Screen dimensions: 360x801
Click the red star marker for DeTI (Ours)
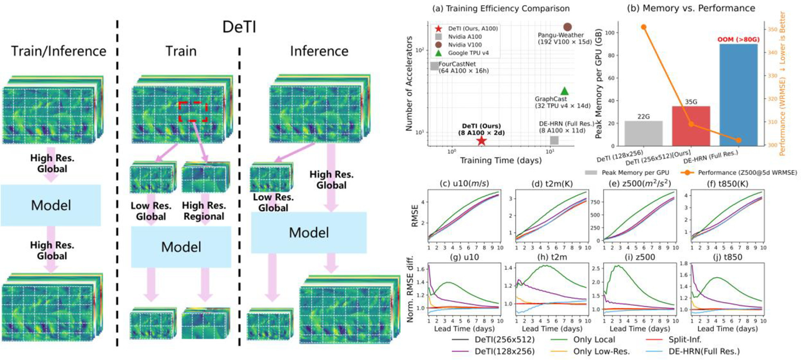(481, 141)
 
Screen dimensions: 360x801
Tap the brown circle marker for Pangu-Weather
(567, 27)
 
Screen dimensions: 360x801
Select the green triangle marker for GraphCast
(565, 91)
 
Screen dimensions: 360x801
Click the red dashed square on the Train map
(193, 111)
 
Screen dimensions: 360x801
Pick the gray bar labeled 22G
(643, 133)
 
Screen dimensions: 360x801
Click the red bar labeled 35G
(691, 126)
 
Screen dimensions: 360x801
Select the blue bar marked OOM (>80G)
(738, 95)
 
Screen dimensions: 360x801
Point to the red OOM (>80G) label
(738, 39)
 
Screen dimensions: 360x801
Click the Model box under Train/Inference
(51, 205)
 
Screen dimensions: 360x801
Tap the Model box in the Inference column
(309, 232)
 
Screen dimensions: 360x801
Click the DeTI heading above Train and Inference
(239, 27)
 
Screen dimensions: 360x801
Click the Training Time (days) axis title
(500, 160)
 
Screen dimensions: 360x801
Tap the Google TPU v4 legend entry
(468, 53)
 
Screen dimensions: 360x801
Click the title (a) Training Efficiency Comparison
(501, 8)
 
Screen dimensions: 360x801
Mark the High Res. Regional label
(203, 211)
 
